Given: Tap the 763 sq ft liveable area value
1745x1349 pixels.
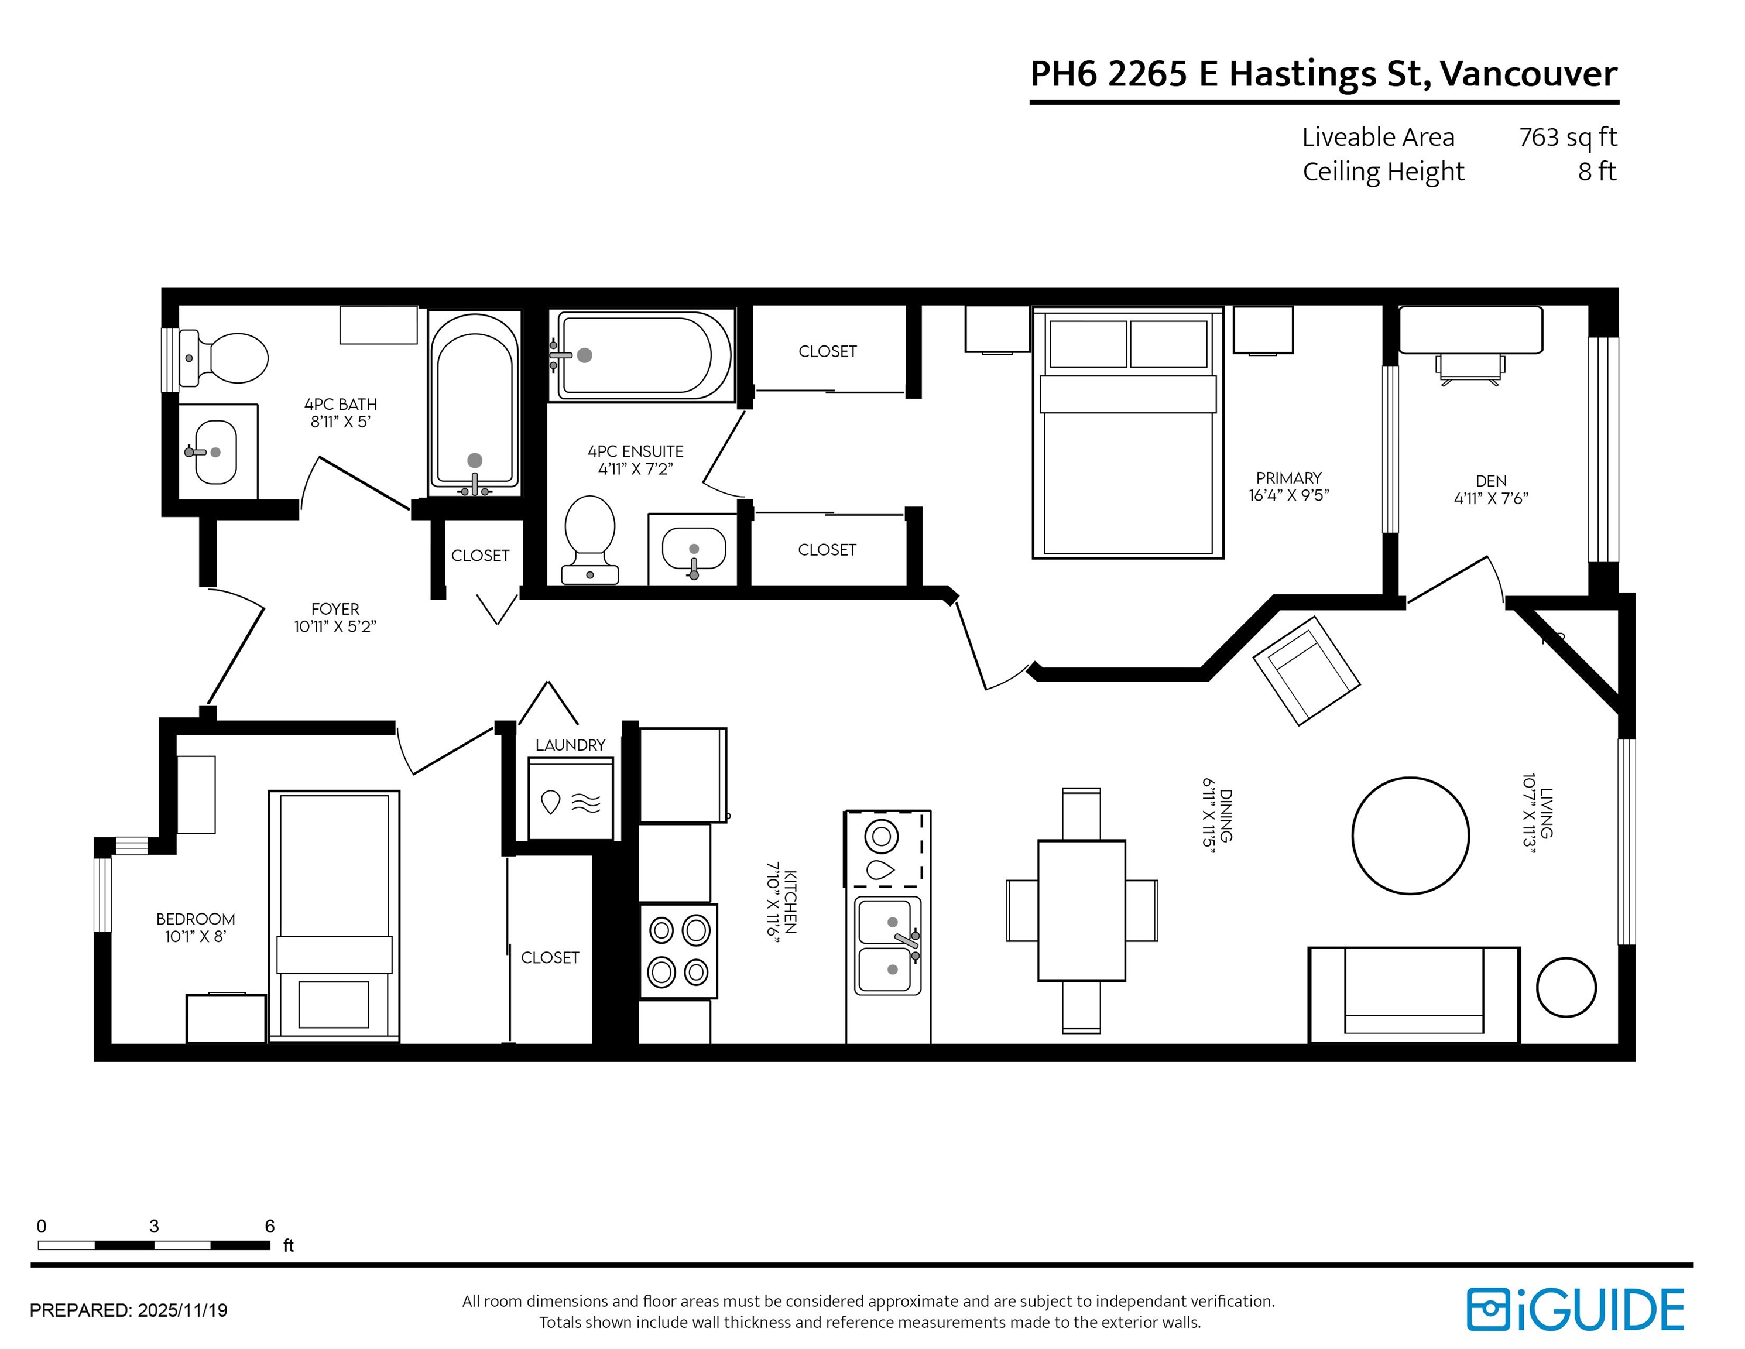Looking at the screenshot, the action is tap(1568, 138).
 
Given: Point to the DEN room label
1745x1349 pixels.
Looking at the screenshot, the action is tap(1491, 481).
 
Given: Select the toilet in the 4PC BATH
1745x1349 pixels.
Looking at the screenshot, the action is tap(224, 358).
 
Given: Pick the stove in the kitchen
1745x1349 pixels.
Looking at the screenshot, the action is tap(678, 951).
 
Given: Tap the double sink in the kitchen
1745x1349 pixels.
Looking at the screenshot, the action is tap(887, 946).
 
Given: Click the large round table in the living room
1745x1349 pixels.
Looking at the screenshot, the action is tap(1410, 836).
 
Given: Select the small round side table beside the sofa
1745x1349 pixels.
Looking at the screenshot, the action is tap(1566, 988).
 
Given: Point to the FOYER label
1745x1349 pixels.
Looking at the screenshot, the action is tap(335, 609).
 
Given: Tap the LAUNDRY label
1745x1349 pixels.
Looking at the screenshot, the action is tap(571, 745).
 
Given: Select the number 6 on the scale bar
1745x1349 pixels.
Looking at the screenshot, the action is tap(270, 1226).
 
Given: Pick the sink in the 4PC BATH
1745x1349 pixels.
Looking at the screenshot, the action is tap(216, 453).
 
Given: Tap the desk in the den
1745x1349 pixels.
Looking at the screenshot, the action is tap(1471, 330).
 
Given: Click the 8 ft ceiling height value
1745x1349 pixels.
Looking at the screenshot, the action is tap(1596, 172).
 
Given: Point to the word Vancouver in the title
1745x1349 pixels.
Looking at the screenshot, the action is tap(1528, 74).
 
